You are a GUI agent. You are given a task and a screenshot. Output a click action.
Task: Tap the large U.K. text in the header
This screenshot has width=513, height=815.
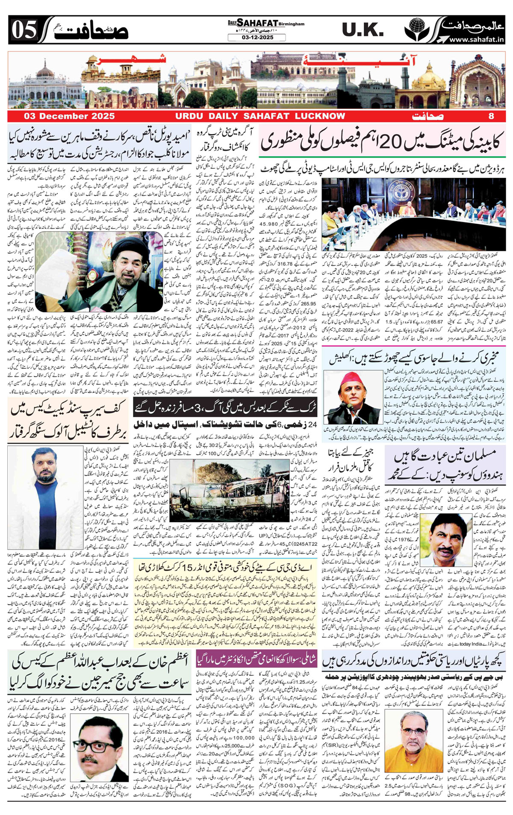(363, 30)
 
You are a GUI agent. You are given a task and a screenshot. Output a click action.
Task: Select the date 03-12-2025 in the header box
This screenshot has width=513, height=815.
(257, 38)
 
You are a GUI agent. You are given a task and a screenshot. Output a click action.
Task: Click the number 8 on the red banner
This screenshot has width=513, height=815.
(491, 116)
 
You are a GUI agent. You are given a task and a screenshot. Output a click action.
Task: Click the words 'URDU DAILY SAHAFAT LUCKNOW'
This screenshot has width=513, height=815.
(260, 116)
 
